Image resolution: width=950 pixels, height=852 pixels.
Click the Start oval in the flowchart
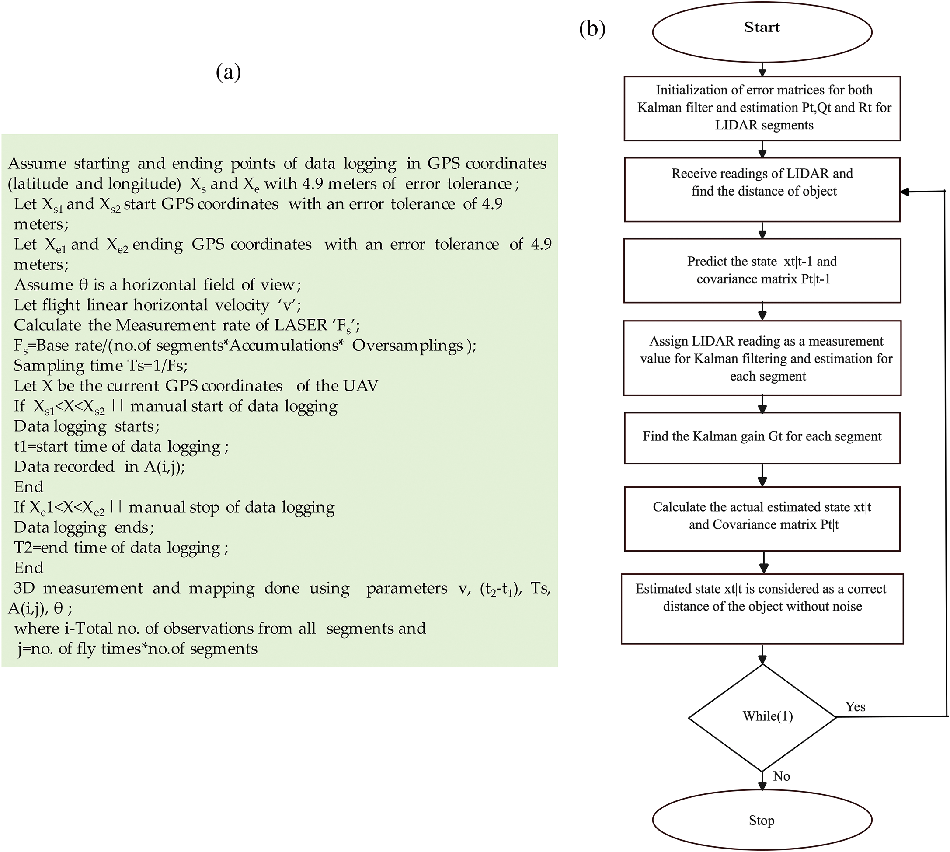click(762, 31)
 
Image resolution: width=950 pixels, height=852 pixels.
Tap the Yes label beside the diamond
click(855, 707)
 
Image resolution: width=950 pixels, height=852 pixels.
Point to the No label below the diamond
click(782, 776)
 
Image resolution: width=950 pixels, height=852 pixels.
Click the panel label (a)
click(228, 72)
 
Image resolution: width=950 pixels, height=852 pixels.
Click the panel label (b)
click(592, 29)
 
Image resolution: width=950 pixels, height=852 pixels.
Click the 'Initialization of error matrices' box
click(762, 108)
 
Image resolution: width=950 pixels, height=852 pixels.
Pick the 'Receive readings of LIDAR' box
click(762, 189)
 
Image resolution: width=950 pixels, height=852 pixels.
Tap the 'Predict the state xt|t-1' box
click(762, 271)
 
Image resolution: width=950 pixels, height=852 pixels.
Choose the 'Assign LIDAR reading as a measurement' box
click(762, 358)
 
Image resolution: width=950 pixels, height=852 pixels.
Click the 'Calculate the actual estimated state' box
click(762, 519)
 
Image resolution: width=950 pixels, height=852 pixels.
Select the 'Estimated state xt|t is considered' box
click(762, 608)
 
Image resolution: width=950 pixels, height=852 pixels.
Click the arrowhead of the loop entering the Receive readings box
click(905, 192)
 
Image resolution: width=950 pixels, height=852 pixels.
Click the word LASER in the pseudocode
click(300, 325)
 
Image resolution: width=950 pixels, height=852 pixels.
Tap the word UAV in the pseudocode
click(360, 386)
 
